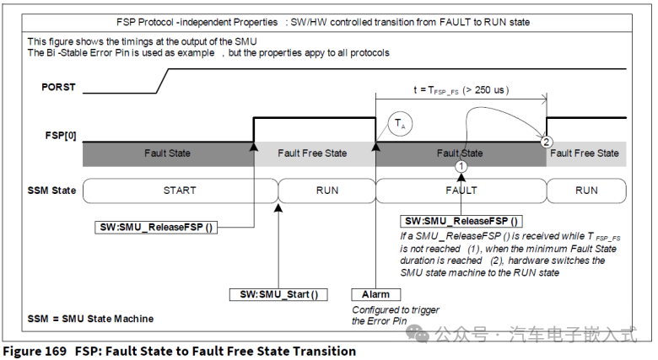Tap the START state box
(x=180, y=191)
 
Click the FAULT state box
(x=460, y=191)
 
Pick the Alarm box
(x=375, y=294)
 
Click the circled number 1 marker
(x=461, y=168)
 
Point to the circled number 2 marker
(x=547, y=142)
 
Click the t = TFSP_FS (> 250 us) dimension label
(x=461, y=89)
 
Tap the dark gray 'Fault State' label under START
(x=167, y=153)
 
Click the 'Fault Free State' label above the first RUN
(x=313, y=153)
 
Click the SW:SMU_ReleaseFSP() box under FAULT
(x=461, y=220)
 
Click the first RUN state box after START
(x=326, y=191)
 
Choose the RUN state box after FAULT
(x=586, y=191)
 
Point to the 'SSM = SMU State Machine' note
(x=90, y=319)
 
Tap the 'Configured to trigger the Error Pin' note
(x=395, y=315)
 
